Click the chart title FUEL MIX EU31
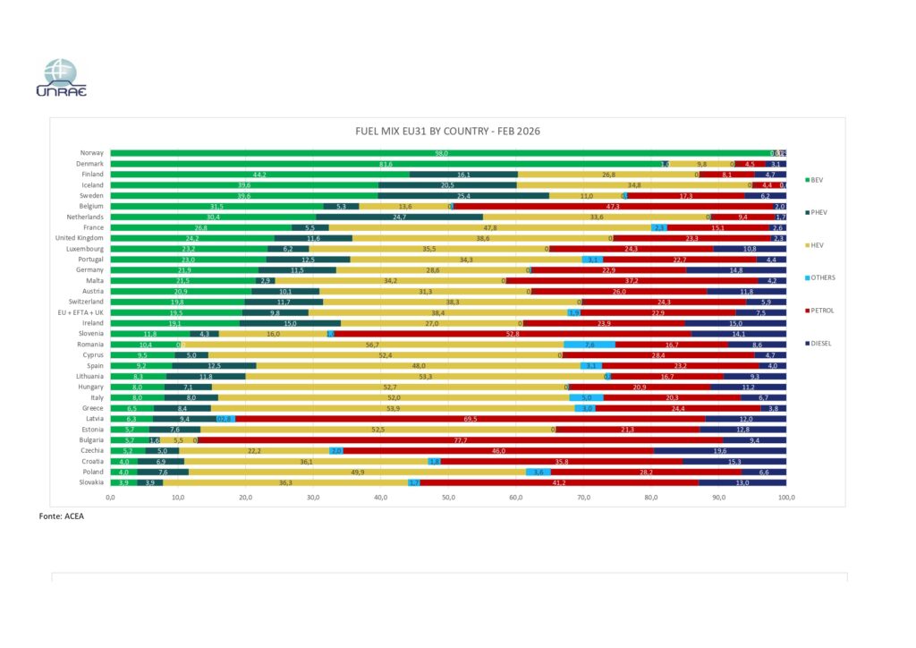pos(448,132)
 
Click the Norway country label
pos(91,153)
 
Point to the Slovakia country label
pos(90,482)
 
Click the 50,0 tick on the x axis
pos(448,497)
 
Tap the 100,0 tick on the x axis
pos(786,497)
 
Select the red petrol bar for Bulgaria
pos(460,439)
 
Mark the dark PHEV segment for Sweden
pos(463,195)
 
